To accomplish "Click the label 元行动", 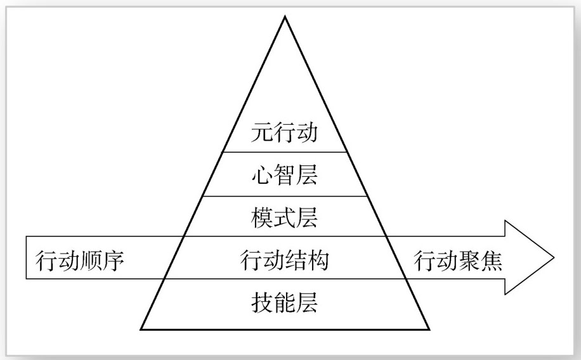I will (284, 134).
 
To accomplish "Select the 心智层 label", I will (284, 176).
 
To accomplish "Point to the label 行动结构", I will (284, 260).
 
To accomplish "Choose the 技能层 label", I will (284, 303).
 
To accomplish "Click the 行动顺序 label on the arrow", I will (79, 260).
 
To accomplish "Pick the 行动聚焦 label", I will (459, 260).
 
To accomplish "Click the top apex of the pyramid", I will (285, 16).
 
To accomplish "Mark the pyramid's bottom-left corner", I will (141, 329).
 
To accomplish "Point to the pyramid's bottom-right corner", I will (429, 329).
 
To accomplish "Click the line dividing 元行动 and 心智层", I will (284, 152).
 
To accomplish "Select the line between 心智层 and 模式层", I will (284, 196).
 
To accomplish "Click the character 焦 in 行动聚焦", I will (492, 260).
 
